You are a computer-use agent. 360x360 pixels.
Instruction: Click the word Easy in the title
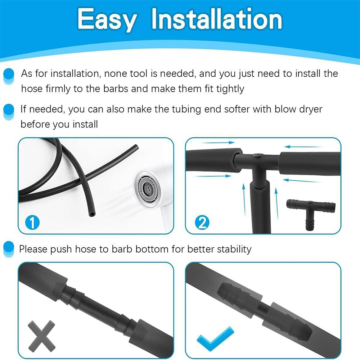click(107, 20)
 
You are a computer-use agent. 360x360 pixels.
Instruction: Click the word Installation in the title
click(217, 19)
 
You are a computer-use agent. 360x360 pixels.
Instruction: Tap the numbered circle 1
click(32, 222)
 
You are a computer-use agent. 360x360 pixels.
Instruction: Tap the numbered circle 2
click(202, 222)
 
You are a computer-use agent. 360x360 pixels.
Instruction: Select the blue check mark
click(215, 339)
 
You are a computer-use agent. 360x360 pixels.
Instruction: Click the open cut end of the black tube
click(92, 215)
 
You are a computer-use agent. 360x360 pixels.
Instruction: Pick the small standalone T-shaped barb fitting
click(311, 213)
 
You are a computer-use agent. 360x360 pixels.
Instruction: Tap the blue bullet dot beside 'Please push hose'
click(9, 248)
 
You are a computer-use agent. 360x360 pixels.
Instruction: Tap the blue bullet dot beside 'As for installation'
click(9, 76)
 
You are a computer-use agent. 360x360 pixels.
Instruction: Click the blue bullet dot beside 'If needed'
click(9, 111)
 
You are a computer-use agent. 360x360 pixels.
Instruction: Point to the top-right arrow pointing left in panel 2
click(303, 147)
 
